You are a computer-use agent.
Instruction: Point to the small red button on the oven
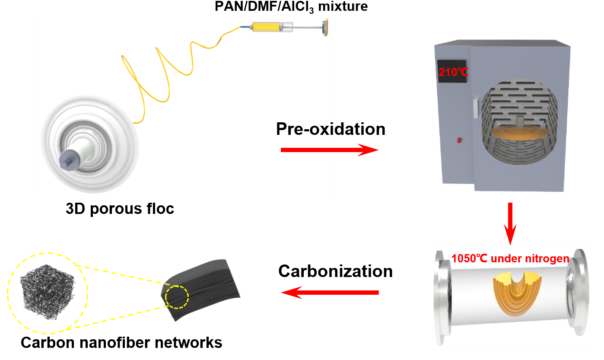(x=459, y=140)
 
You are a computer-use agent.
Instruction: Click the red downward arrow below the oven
(x=511, y=223)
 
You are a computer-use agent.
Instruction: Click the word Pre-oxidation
(x=331, y=129)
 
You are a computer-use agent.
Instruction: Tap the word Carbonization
(x=335, y=271)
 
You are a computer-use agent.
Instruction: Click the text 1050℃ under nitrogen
(x=510, y=259)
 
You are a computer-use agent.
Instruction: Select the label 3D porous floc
(x=120, y=209)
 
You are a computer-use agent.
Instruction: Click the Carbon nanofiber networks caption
(x=121, y=343)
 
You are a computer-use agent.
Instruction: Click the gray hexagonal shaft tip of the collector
(x=68, y=162)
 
